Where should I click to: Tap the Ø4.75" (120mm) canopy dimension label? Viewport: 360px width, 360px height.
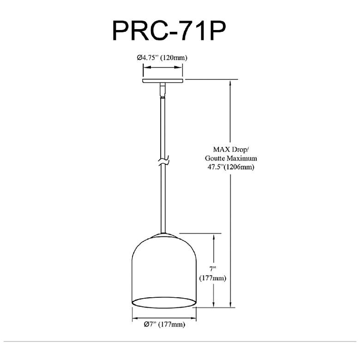pos(162,57)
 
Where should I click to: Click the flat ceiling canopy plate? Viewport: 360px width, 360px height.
pos(163,81)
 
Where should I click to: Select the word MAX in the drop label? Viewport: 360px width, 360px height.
pos(222,150)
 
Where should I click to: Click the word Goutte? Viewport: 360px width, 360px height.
pos(215,158)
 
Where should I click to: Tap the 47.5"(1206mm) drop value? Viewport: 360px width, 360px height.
pos(231,167)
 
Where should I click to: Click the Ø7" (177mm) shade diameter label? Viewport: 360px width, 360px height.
pos(164,324)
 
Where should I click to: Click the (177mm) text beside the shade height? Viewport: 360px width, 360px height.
pos(213,278)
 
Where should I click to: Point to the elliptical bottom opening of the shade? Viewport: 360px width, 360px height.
pos(164,302)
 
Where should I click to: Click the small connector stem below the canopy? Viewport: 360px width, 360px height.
pos(162,90)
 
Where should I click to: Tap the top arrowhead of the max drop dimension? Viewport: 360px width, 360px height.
pos(230,84)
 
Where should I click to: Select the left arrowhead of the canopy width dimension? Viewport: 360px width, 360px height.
pos(147,67)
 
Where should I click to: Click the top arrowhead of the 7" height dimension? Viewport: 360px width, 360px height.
pos(214,238)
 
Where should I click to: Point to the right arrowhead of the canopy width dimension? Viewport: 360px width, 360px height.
pos(178,67)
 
